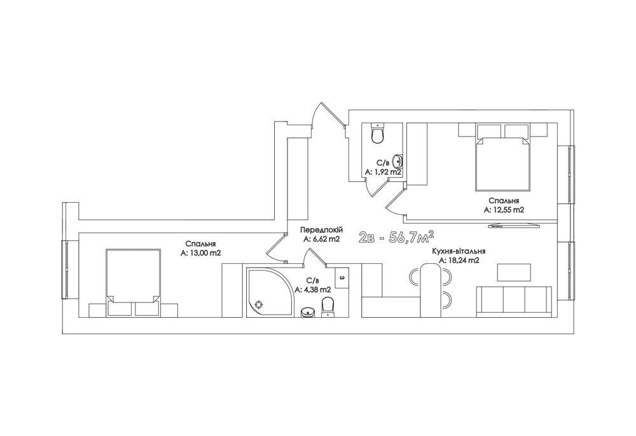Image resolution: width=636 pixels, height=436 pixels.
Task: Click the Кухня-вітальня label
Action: pyautogui.click(x=459, y=251)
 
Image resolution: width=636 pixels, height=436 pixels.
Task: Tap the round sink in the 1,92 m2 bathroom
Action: pyautogui.click(x=398, y=161)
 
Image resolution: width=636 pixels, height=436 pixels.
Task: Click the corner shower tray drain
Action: pyautogui.click(x=258, y=304)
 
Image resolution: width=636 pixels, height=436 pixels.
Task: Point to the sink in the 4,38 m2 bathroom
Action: pyautogui.click(x=308, y=313)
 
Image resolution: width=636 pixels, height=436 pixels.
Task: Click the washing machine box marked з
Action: pyautogui.click(x=342, y=278)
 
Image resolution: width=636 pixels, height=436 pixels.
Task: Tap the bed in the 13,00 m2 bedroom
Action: pyautogui.click(x=133, y=282)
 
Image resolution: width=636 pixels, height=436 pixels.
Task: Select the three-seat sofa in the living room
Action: pyautogui.click(x=514, y=300)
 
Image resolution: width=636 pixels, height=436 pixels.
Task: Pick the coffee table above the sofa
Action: pyautogui.click(x=514, y=272)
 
